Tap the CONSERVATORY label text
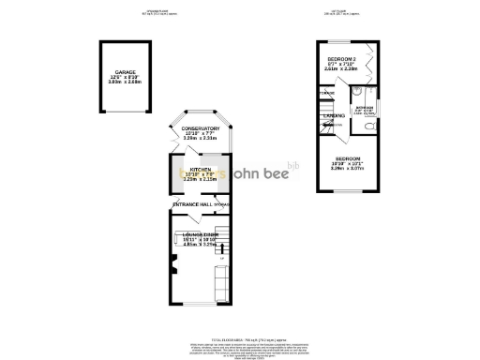201,128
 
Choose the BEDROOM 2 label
340,59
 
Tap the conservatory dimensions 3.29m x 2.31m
201,139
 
